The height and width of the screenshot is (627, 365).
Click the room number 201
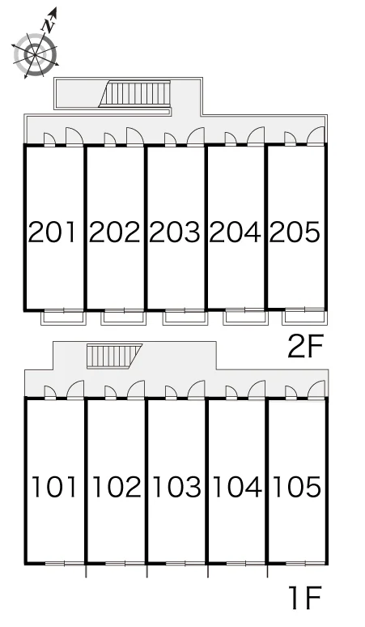tap(52, 232)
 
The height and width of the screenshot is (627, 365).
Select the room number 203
tap(175, 232)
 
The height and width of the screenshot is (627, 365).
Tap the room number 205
tap(295, 232)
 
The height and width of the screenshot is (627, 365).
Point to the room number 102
tap(117, 487)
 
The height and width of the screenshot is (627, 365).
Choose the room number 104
tap(238, 487)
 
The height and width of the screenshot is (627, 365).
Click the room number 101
tap(54, 487)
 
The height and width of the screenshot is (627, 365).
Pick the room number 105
tap(297, 487)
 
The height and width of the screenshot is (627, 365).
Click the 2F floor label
tap(304, 347)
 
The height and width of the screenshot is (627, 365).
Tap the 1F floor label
tap(305, 597)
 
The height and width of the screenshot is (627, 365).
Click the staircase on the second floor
tap(135, 94)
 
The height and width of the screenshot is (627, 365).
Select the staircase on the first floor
tap(114, 356)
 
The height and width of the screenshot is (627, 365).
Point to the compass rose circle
tap(35, 54)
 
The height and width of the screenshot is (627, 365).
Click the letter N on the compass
tap(49, 26)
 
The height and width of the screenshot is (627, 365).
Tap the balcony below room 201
tap(64, 318)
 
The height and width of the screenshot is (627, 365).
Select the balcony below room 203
tap(185, 318)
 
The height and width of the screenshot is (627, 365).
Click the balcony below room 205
tap(304, 318)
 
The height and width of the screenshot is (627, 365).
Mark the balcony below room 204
tap(245, 318)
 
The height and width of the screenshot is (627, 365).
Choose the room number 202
tap(114, 232)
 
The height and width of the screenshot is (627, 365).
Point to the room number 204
tap(235, 232)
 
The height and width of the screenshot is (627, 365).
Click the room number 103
tap(177, 487)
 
